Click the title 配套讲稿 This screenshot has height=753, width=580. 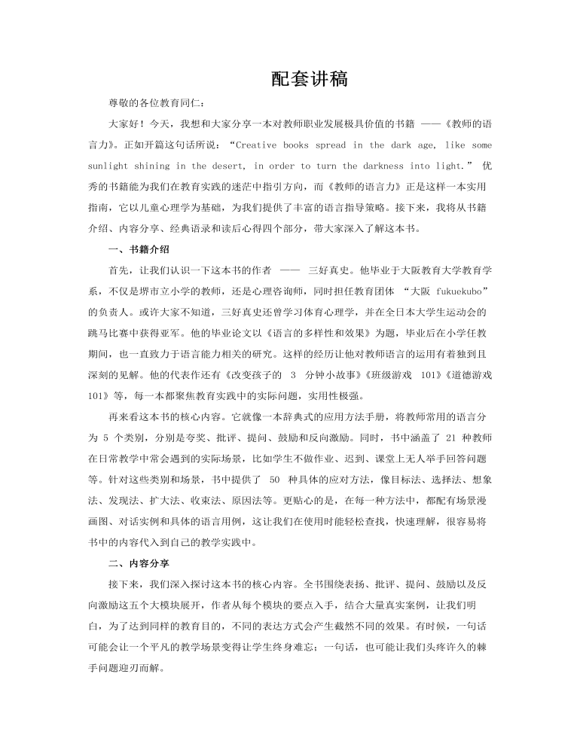click(x=309, y=79)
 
